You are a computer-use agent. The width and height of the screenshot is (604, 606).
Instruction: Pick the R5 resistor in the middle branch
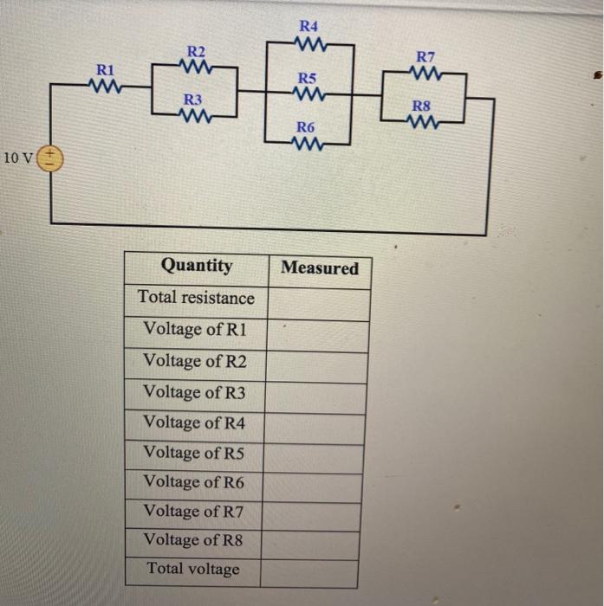tap(308, 93)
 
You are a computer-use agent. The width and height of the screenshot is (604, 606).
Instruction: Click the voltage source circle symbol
tap(51, 158)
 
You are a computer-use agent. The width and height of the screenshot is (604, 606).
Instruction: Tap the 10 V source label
tap(18, 158)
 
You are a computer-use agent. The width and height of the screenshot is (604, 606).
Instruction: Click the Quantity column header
tap(197, 266)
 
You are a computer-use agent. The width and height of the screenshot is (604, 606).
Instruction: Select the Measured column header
tap(320, 268)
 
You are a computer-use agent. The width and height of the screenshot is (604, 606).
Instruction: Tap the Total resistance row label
tap(196, 298)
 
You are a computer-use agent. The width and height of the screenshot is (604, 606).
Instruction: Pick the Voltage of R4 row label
tap(194, 422)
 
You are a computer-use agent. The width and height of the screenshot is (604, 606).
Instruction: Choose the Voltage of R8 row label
tap(193, 540)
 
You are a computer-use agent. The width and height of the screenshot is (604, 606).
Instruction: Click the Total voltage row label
tap(192, 570)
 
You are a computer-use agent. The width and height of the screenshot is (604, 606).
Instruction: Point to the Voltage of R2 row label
tap(194, 361)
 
